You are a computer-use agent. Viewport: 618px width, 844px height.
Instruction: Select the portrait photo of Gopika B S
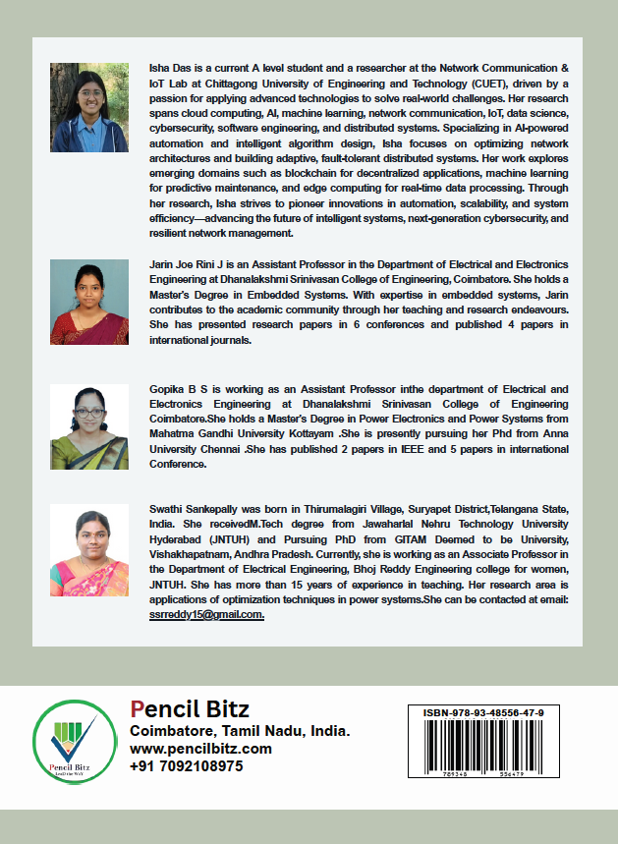[x=89, y=427]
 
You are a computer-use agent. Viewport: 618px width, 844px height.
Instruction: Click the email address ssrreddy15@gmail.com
[x=206, y=613]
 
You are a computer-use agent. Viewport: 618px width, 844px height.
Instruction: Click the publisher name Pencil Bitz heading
[x=190, y=709]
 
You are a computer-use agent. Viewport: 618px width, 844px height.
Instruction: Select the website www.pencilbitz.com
[x=200, y=749]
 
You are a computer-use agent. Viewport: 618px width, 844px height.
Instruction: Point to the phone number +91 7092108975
[x=186, y=766]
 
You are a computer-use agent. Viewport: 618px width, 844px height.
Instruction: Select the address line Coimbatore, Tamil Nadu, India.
[x=240, y=731]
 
